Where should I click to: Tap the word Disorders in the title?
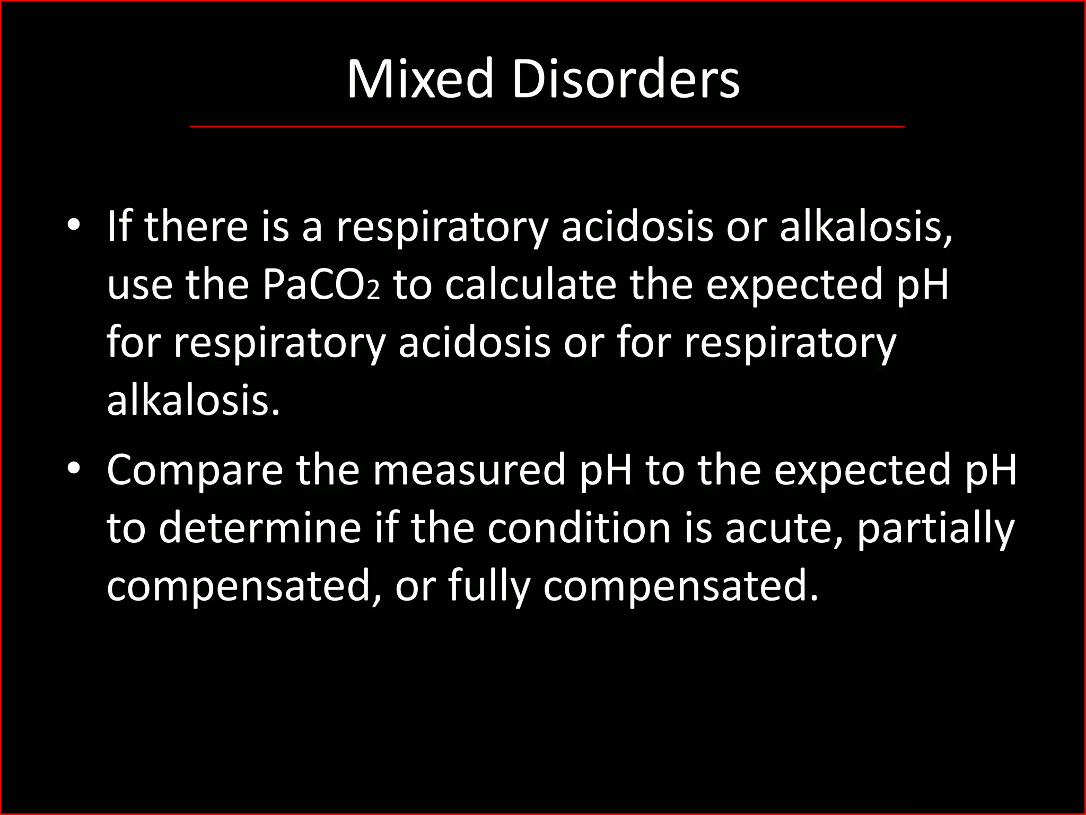tap(625, 80)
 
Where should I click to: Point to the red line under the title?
tap(547, 127)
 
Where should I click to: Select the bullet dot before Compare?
tap(74, 469)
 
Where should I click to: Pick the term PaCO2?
tap(321, 285)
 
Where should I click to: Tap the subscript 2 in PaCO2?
tap(374, 291)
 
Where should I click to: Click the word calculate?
tap(530, 285)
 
